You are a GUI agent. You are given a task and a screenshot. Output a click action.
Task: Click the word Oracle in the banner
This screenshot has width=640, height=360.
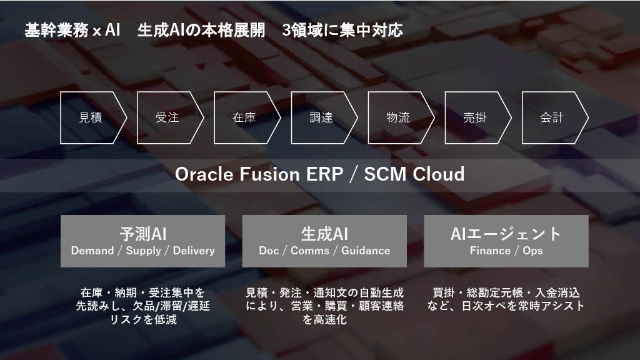pyautogui.click(x=204, y=174)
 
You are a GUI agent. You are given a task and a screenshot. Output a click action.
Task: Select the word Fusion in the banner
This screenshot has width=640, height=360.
pyautogui.click(x=269, y=174)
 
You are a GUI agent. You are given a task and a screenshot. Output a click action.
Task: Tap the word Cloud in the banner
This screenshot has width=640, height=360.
pyautogui.click(x=438, y=174)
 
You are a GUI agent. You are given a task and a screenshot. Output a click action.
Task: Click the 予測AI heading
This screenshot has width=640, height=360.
pyautogui.click(x=143, y=234)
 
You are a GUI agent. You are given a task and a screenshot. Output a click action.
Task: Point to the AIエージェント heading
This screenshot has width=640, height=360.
pyautogui.click(x=506, y=234)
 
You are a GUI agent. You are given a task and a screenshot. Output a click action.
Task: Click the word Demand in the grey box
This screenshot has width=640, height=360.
pyautogui.click(x=92, y=251)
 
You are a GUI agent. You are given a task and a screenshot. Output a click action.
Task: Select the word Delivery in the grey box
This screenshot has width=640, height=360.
pyautogui.click(x=194, y=251)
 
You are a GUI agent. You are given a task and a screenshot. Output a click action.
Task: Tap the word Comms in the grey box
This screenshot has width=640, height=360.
pyautogui.click(x=310, y=251)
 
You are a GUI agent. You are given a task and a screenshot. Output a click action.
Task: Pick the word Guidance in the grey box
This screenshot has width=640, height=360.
pyautogui.click(x=366, y=251)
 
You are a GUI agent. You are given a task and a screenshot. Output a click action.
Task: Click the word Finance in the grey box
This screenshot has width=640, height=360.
pyautogui.click(x=490, y=251)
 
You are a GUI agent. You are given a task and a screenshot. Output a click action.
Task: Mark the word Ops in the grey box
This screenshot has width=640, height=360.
pyautogui.click(x=532, y=251)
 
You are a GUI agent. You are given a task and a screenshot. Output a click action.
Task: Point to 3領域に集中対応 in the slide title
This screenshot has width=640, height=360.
pyautogui.click(x=342, y=30)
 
